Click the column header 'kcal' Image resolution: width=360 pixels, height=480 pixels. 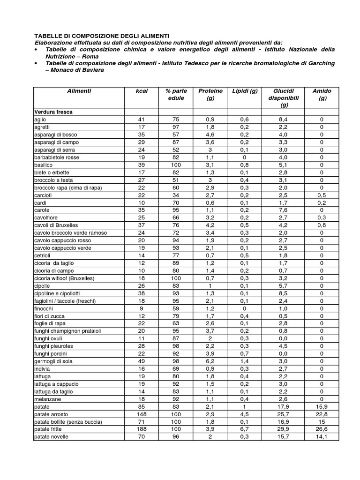coord(141,91)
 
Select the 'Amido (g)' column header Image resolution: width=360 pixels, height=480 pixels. coord(322,94)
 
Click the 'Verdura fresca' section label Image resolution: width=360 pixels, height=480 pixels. coord(53,112)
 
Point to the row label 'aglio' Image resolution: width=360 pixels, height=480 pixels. coord(40,120)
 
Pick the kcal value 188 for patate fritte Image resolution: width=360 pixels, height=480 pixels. coord(141,429)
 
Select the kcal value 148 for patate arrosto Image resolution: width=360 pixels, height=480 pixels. coord(141,414)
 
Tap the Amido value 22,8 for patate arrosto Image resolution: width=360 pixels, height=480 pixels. coord(322,414)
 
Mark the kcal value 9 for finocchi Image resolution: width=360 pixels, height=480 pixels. coord(141,308)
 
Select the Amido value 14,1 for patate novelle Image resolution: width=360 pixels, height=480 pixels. coord(322,436)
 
